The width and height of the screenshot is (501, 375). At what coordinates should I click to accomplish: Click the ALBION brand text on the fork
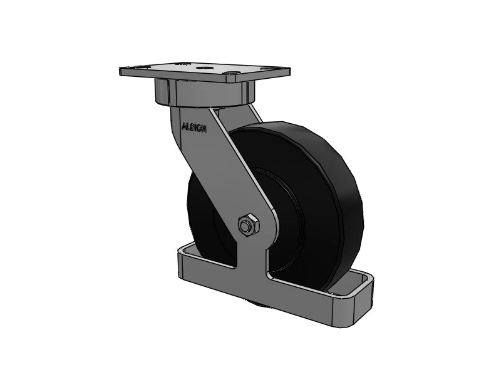194,127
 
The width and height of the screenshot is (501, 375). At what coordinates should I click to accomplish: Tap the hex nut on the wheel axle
247,224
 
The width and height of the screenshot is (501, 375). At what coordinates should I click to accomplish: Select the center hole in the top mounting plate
204,67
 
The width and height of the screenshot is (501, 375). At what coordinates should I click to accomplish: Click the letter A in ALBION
183,126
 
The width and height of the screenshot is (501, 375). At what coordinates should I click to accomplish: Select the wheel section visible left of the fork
204,212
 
